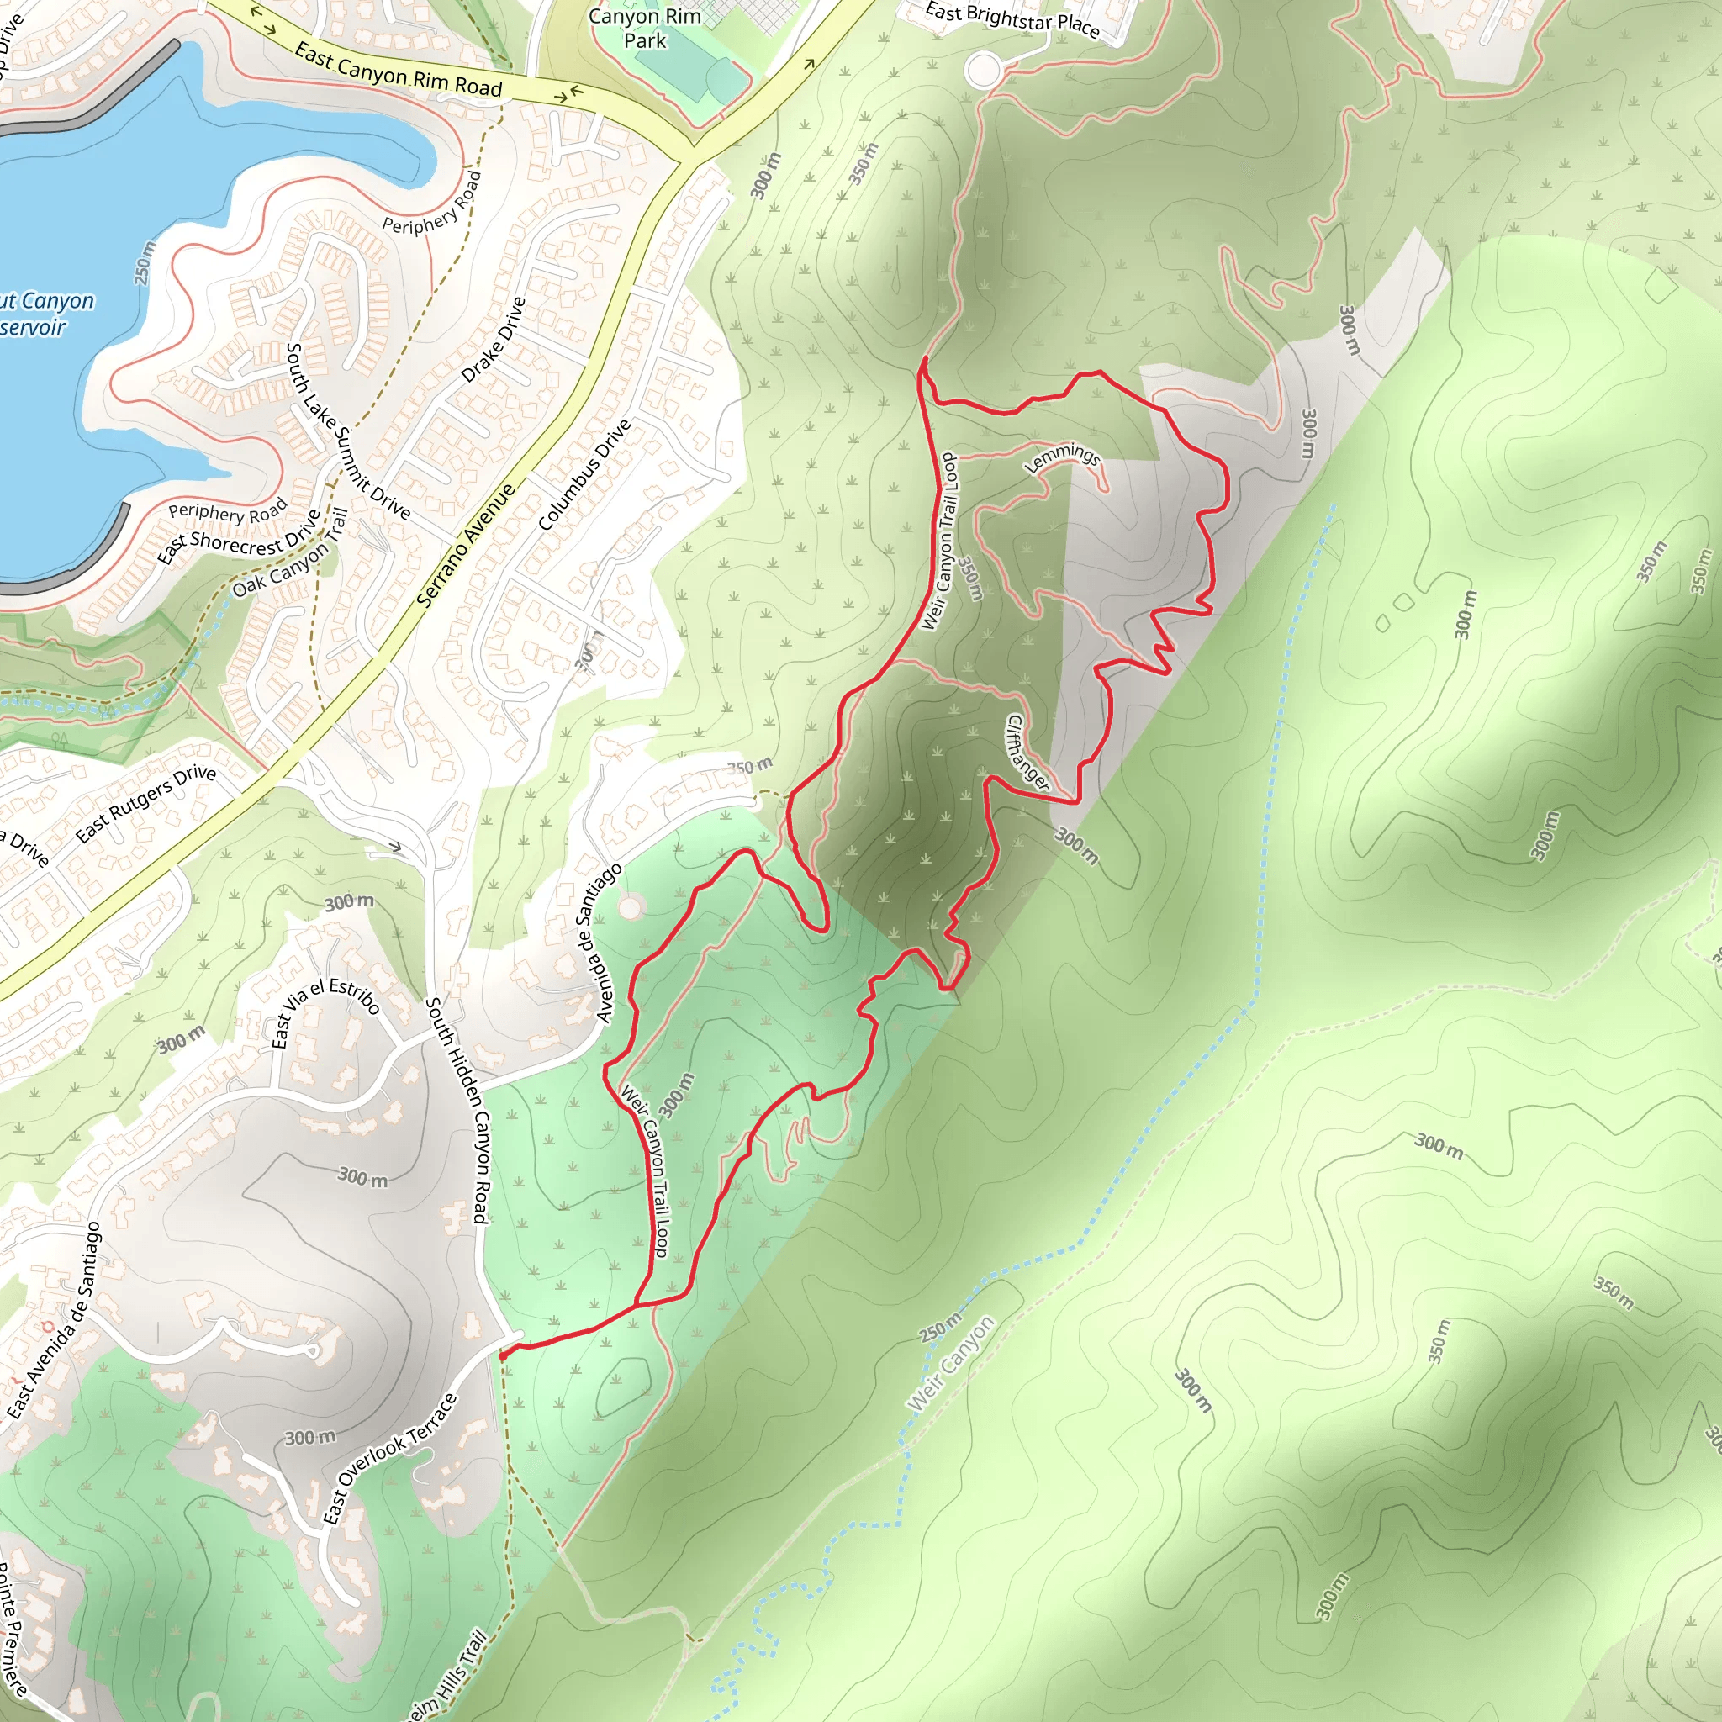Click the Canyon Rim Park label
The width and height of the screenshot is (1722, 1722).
pyautogui.click(x=644, y=29)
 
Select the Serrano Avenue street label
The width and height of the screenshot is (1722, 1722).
pyautogui.click(x=465, y=546)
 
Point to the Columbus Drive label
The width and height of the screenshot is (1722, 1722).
pyautogui.click(x=584, y=475)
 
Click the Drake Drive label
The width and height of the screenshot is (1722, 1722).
pyautogui.click(x=493, y=340)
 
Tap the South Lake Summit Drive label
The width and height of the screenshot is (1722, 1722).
pyautogui.click(x=346, y=431)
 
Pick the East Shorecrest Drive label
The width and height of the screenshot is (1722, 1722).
pyautogui.click(x=238, y=536)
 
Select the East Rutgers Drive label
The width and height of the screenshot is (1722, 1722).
pyautogui.click(x=145, y=803)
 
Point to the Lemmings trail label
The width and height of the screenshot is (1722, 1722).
pyautogui.click(x=1063, y=457)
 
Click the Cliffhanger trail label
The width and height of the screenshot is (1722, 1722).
pyautogui.click(x=1027, y=753)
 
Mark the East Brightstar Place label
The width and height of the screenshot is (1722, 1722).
pyautogui.click(x=1012, y=19)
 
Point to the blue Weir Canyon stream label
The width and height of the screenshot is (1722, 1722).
pyautogui.click(x=950, y=1362)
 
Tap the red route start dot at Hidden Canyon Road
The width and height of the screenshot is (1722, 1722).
pyautogui.click(x=503, y=1355)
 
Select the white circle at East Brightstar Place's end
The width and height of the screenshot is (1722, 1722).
pyautogui.click(x=983, y=71)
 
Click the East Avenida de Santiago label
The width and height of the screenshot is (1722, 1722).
pyautogui.click(x=55, y=1320)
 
